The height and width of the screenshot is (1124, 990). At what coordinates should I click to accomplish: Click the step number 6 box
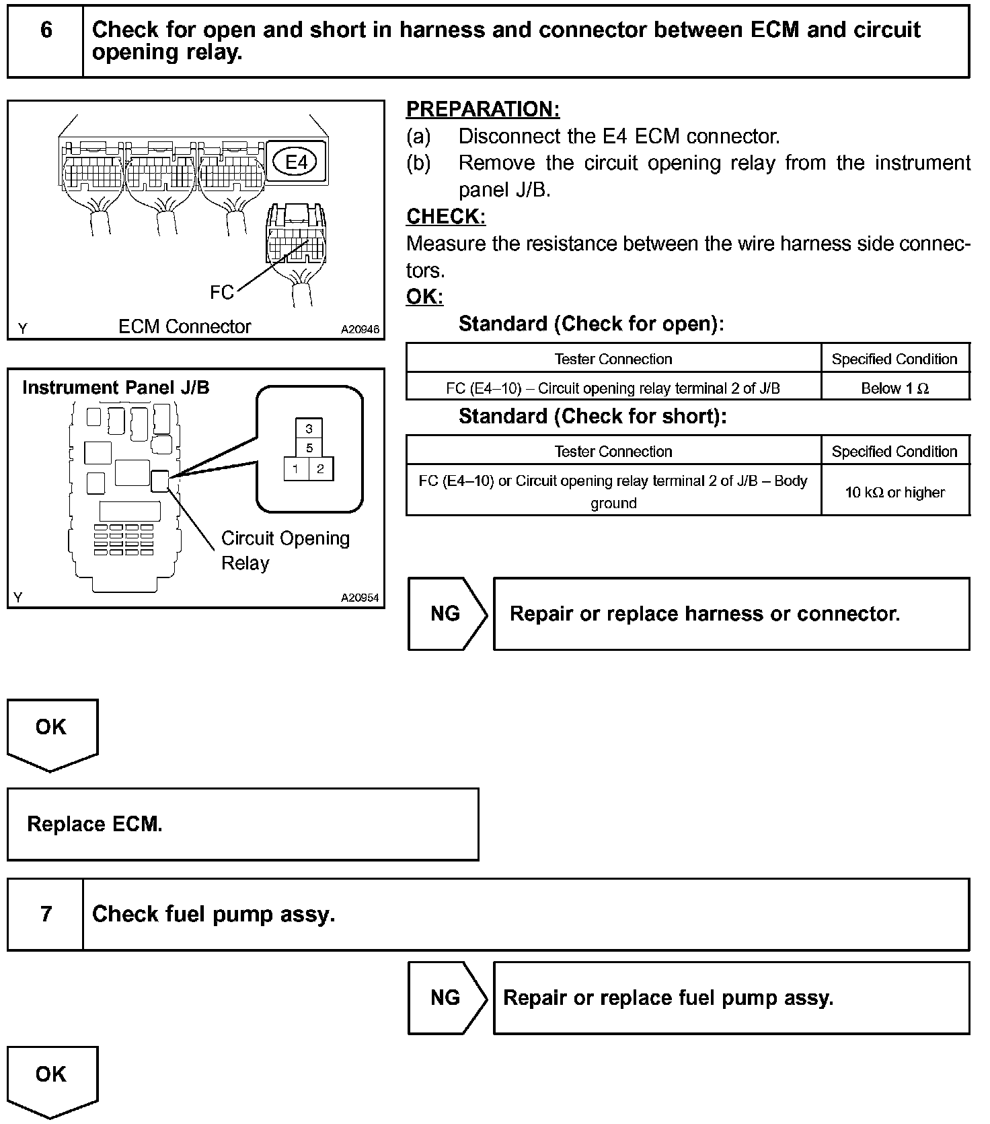(x=46, y=41)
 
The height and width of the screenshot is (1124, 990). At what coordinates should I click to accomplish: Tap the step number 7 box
(x=46, y=913)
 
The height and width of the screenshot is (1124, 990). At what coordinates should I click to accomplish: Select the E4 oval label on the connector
(x=296, y=162)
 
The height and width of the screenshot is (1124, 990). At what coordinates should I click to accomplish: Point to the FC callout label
(x=221, y=292)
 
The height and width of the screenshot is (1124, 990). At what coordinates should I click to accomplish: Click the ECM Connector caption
(x=184, y=326)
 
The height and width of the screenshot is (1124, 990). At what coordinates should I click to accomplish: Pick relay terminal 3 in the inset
(x=309, y=429)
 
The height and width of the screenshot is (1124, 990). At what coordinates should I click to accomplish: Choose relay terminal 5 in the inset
(x=309, y=448)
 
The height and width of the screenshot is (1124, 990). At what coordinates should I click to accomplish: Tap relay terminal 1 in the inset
(x=296, y=469)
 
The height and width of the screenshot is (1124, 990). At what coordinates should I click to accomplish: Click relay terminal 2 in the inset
(x=321, y=469)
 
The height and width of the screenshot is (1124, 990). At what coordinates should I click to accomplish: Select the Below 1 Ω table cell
(x=894, y=388)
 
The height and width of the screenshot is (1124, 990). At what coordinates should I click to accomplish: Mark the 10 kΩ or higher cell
(x=894, y=492)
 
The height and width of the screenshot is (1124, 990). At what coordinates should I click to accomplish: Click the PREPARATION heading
(x=483, y=109)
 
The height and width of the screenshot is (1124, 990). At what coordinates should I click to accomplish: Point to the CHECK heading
(x=446, y=217)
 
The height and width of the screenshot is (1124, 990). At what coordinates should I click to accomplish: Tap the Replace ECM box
(x=243, y=824)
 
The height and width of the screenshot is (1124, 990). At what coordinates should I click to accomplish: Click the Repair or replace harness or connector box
(x=731, y=614)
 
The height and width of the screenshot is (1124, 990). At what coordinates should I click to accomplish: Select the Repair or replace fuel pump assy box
(x=731, y=997)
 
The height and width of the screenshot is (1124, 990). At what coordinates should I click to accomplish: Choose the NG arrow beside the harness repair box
(x=446, y=614)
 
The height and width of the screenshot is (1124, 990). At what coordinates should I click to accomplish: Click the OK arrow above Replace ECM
(x=52, y=732)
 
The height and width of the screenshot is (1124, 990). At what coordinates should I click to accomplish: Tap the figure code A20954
(x=360, y=598)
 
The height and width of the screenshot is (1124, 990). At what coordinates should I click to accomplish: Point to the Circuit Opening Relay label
(x=285, y=551)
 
